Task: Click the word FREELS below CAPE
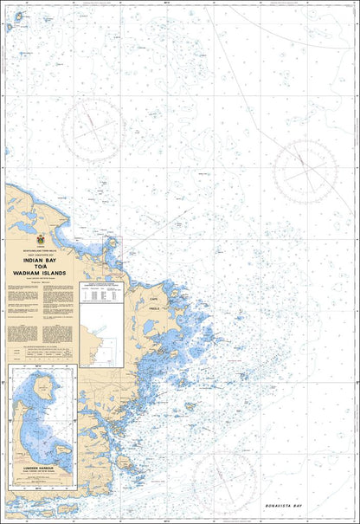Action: [x=156, y=307]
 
